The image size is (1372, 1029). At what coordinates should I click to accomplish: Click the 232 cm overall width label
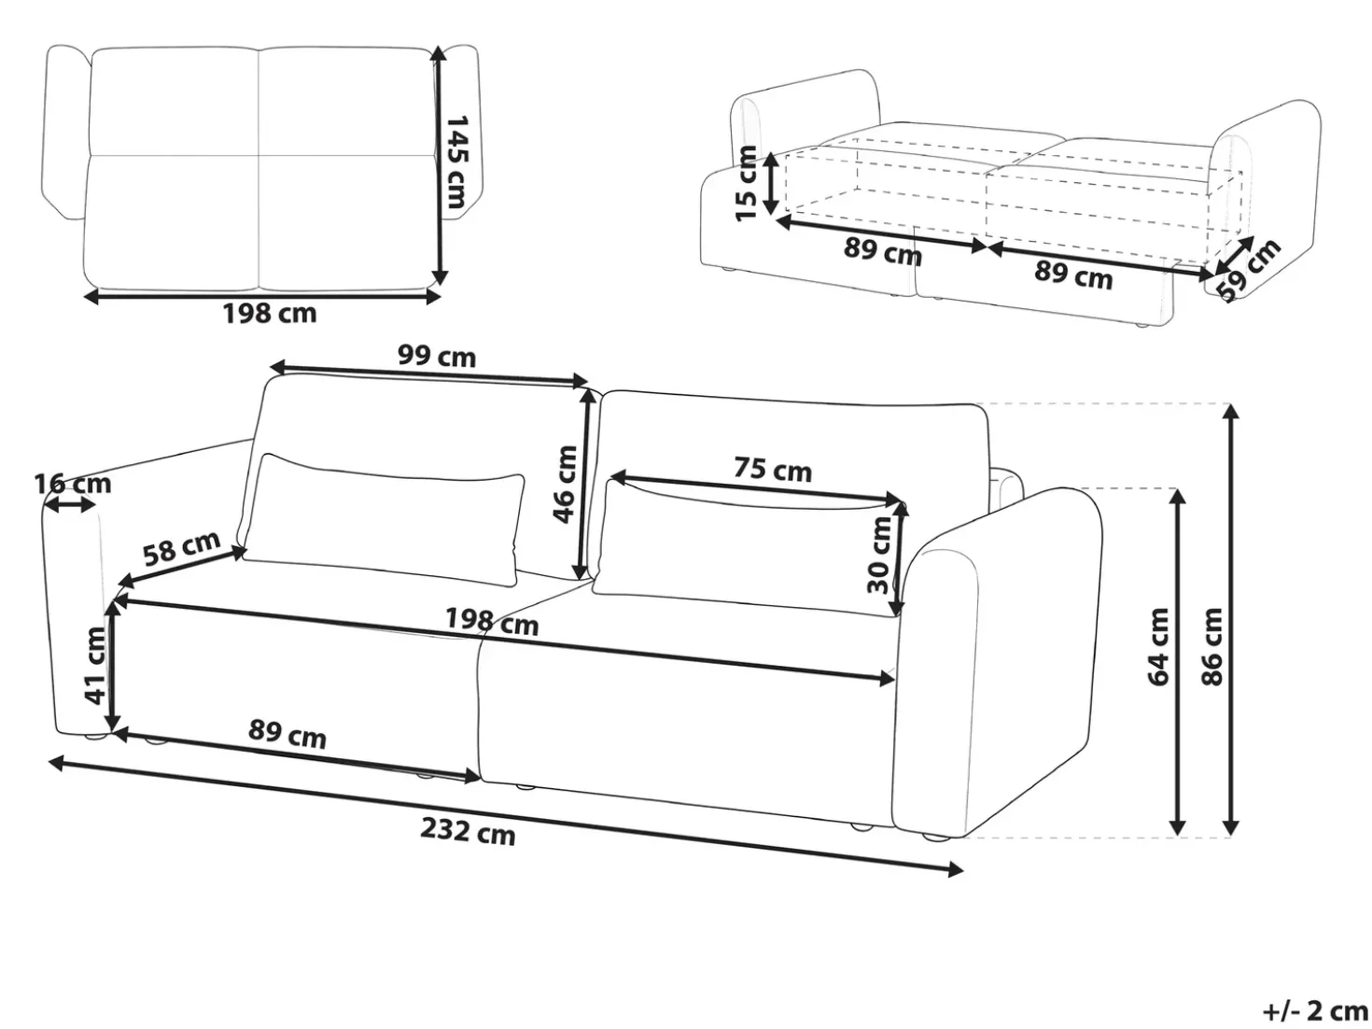pyautogui.click(x=468, y=831)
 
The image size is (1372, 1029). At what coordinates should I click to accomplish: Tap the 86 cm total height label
pyautogui.click(x=1211, y=646)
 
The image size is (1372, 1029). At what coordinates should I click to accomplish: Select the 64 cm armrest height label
pyautogui.click(x=1157, y=646)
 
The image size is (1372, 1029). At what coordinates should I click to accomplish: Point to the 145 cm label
pyautogui.click(x=456, y=161)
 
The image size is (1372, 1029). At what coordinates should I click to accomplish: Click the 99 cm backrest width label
pyautogui.click(x=437, y=357)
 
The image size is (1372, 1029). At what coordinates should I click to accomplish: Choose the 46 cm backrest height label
pyautogui.click(x=565, y=484)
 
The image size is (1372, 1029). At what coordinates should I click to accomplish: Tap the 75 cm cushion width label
pyautogui.click(x=773, y=469)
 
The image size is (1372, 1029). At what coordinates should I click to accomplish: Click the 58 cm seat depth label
pyautogui.click(x=181, y=547)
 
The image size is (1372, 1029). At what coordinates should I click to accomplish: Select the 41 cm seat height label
pyautogui.click(x=96, y=665)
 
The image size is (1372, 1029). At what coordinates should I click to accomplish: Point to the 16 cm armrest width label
pyautogui.click(x=73, y=484)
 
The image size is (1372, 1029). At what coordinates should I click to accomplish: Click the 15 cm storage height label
pyautogui.click(x=746, y=183)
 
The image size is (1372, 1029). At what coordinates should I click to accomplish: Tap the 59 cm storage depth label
pyautogui.click(x=1248, y=270)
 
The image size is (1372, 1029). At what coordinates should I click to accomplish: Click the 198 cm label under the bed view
pyautogui.click(x=270, y=313)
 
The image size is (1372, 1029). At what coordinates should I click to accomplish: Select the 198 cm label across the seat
pyautogui.click(x=491, y=621)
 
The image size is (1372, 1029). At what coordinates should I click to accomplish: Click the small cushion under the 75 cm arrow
pyautogui.click(x=749, y=547)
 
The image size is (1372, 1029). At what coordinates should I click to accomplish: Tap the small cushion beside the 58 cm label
pyautogui.click(x=383, y=519)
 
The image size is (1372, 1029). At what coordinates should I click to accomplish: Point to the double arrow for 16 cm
pyautogui.click(x=71, y=505)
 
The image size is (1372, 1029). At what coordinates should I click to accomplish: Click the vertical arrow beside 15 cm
pyautogui.click(x=771, y=183)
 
